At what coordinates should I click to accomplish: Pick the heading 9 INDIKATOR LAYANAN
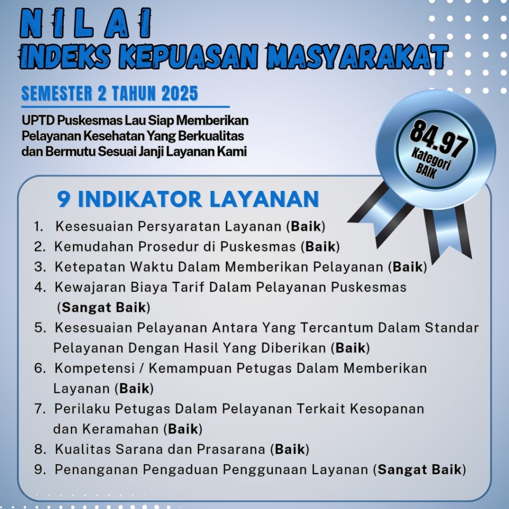point(188,199)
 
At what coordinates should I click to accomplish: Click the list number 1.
point(38,227)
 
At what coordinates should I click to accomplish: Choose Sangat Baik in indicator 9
point(420,469)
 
